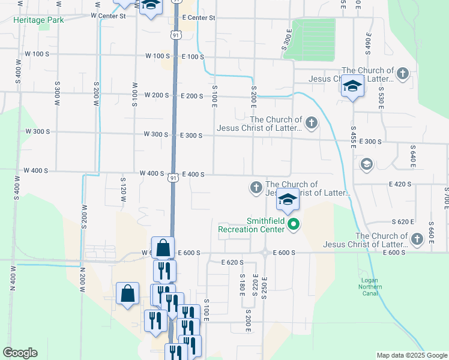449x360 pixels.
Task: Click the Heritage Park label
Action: (39, 19)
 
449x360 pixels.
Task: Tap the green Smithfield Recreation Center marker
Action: (294, 225)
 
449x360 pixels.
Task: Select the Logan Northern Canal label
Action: (378, 284)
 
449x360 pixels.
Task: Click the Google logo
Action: (20, 353)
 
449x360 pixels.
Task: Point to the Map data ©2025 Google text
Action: (411, 355)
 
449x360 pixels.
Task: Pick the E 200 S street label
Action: (192, 95)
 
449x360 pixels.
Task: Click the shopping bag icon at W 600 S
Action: (163, 247)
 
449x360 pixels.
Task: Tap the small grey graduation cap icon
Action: (365, 164)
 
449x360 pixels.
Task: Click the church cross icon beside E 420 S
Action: (256, 188)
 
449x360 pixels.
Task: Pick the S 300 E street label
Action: (286, 40)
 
